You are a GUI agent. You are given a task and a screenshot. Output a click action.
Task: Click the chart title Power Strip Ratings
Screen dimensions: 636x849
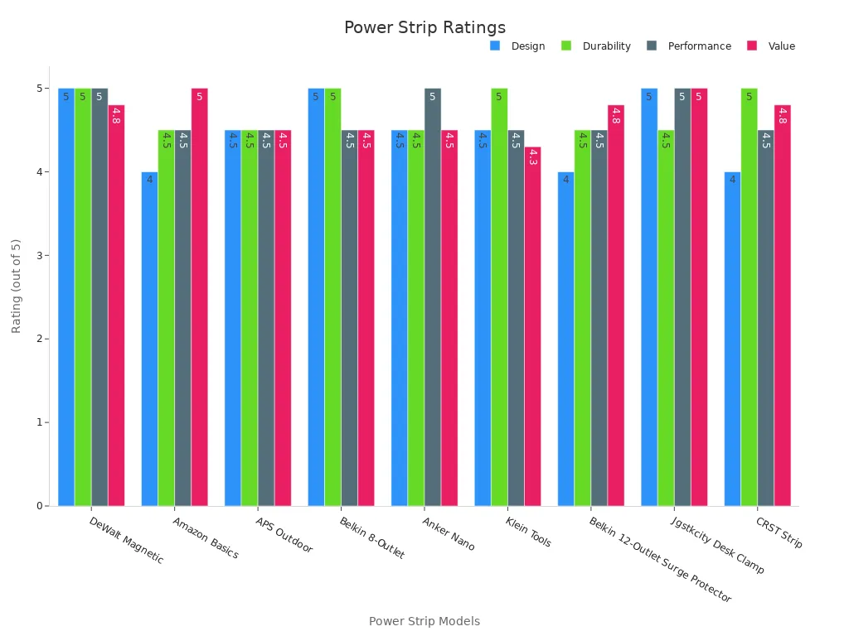(424, 28)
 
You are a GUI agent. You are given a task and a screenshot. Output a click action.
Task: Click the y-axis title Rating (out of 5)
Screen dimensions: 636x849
(17, 286)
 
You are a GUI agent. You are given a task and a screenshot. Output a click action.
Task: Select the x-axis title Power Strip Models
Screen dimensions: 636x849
(424, 621)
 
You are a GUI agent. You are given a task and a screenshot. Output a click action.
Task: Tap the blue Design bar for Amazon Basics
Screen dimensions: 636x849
(149, 339)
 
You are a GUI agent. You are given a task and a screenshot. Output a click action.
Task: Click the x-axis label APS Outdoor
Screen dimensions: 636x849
(284, 536)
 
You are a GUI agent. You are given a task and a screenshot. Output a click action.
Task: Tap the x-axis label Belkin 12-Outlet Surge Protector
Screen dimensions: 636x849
(660, 560)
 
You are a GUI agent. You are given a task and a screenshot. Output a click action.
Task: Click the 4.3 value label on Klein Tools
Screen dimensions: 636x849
(532, 157)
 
